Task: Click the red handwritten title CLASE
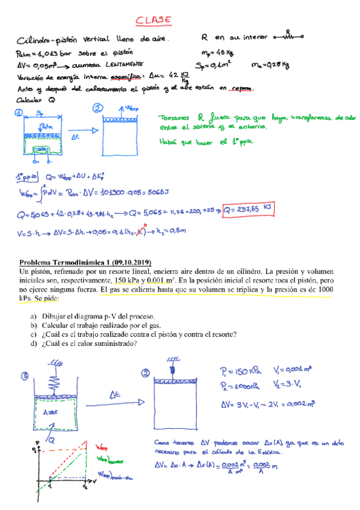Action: point(154,20)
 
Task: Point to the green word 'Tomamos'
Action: point(175,118)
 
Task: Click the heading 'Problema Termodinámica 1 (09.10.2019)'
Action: point(85,262)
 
